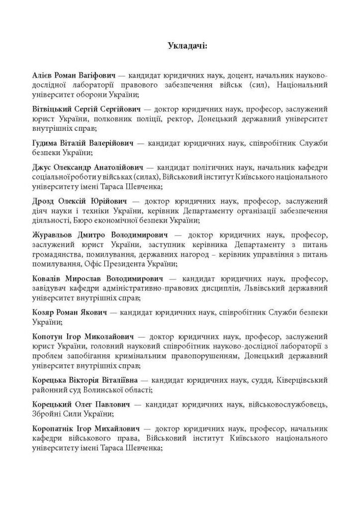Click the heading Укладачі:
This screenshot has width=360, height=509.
(187, 46)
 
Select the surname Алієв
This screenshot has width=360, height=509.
(43, 75)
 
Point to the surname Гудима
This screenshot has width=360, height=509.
(46, 143)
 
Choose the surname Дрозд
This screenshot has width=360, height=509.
(44, 201)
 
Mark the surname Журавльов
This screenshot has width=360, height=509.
(54, 235)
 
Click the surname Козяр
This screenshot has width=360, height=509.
(43, 313)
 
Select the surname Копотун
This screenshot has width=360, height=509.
(48, 336)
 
